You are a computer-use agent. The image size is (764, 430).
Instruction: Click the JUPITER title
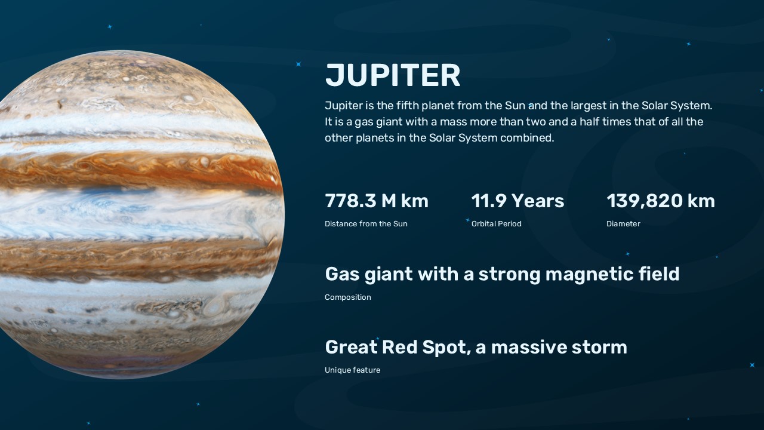click(x=393, y=76)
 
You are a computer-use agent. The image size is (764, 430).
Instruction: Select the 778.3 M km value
click(x=376, y=201)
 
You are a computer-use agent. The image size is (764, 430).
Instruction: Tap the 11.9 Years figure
click(x=517, y=201)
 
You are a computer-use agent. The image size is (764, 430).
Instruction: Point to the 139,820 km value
click(x=660, y=201)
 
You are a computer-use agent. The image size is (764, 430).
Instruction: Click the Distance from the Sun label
click(x=366, y=224)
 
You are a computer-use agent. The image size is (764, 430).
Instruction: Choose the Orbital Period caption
click(x=496, y=224)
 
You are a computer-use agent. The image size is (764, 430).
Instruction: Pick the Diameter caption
click(x=623, y=224)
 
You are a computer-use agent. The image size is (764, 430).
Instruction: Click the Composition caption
click(x=347, y=297)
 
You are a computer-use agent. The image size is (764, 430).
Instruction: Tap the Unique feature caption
click(x=352, y=370)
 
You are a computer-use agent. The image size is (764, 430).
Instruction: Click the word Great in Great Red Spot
click(x=351, y=347)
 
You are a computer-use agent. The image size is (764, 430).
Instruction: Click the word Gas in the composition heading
click(x=342, y=274)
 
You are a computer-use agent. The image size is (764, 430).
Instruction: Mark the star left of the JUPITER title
click(x=298, y=64)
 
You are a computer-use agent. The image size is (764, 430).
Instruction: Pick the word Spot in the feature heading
click(x=447, y=347)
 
